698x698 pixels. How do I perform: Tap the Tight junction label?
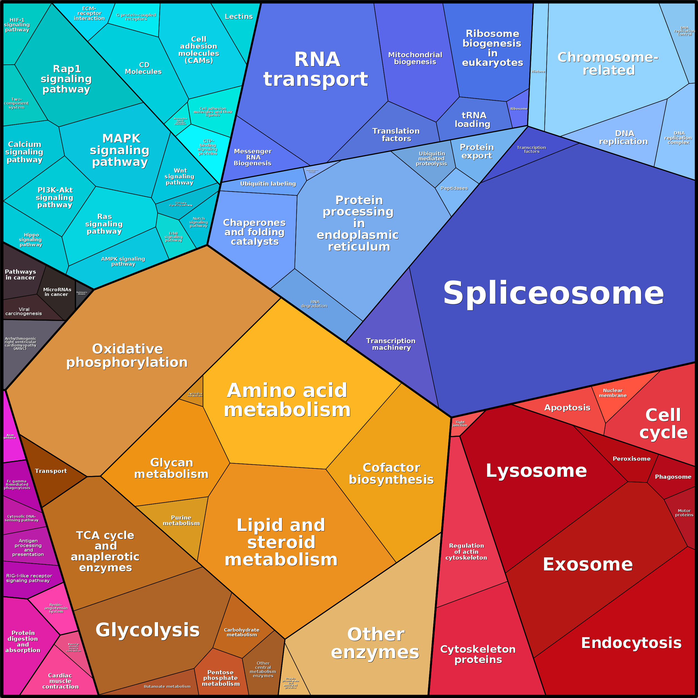pyautogui.click(x=460, y=423)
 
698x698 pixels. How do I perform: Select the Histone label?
pyautogui.click(x=538, y=71)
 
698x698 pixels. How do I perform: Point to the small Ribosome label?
pyautogui.click(x=519, y=109)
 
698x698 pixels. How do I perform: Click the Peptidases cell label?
pyautogui.click(x=454, y=188)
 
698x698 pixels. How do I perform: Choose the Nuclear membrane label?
pyautogui.click(x=613, y=393)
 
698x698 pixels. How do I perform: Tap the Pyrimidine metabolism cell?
pyautogui.click(x=195, y=394)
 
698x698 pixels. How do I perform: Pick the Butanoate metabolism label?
pyautogui.click(x=167, y=686)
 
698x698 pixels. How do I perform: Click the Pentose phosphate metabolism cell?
pyautogui.click(x=220, y=678)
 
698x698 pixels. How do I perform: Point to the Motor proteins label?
pyautogui.click(x=684, y=513)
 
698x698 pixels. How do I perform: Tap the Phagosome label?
pyautogui.click(x=673, y=477)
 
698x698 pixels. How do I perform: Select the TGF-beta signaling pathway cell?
pyautogui.click(x=181, y=204)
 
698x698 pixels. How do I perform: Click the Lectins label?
pyautogui.click(x=238, y=17)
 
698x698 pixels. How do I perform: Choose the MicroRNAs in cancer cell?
pyautogui.click(x=57, y=292)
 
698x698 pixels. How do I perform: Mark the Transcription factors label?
pyautogui.click(x=531, y=149)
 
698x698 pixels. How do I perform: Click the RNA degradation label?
pyautogui.click(x=314, y=304)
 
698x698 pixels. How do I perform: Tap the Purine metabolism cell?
pyautogui.click(x=181, y=520)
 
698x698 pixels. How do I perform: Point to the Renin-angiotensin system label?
pyautogui.click(x=56, y=608)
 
